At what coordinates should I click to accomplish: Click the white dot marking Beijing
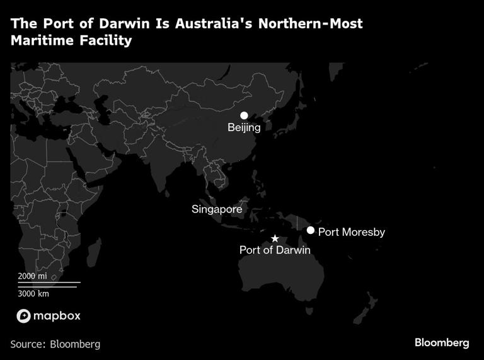(x=244, y=116)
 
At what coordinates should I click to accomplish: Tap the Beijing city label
(x=244, y=128)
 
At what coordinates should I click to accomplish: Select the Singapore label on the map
(x=217, y=209)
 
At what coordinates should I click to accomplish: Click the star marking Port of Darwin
(x=275, y=239)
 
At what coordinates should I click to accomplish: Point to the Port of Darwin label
(x=275, y=250)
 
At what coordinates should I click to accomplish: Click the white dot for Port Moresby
(x=311, y=230)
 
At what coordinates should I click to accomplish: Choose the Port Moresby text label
(x=351, y=232)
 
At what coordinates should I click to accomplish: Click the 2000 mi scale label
(x=32, y=276)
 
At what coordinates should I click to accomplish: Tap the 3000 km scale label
(x=33, y=293)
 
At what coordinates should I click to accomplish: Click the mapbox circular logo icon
(x=23, y=316)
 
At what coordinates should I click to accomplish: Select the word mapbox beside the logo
(x=57, y=316)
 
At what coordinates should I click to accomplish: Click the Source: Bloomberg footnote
(x=55, y=344)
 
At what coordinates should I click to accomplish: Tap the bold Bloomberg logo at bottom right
(x=442, y=343)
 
